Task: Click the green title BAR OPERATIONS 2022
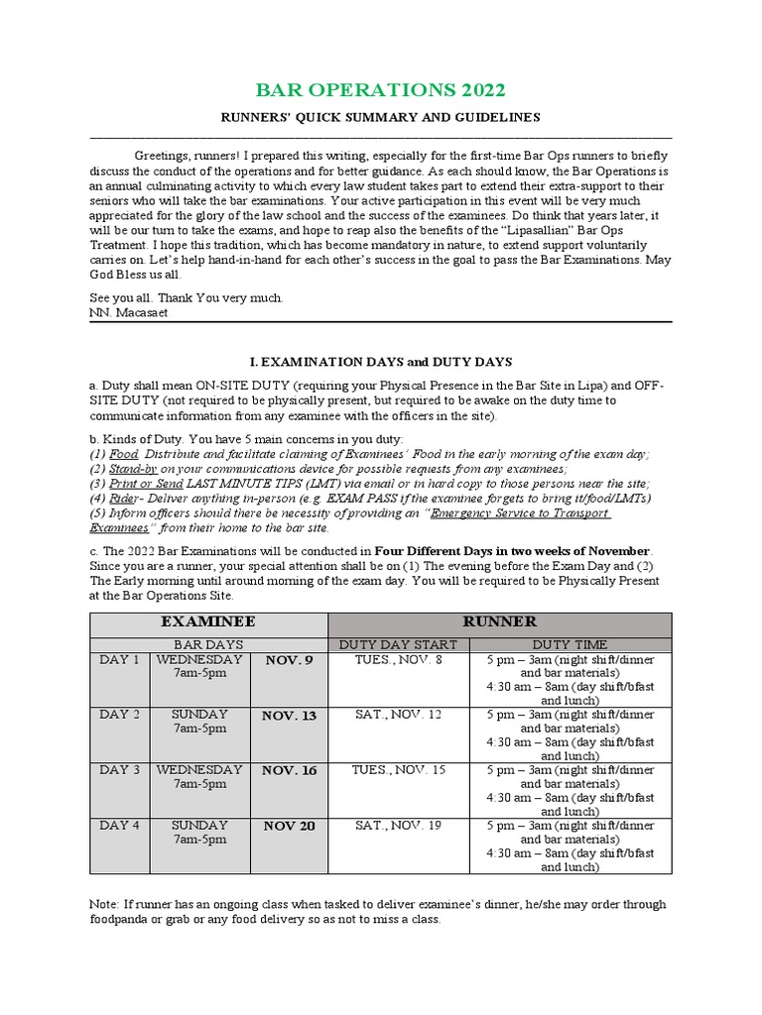tap(381, 90)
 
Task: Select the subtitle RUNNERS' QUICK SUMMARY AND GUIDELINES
tap(380, 117)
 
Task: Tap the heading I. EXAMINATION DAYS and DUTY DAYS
tap(380, 364)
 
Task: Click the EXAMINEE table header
tap(208, 622)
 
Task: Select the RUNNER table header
tap(499, 622)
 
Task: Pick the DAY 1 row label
tap(119, 659)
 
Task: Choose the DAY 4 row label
tap(119, 825)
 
